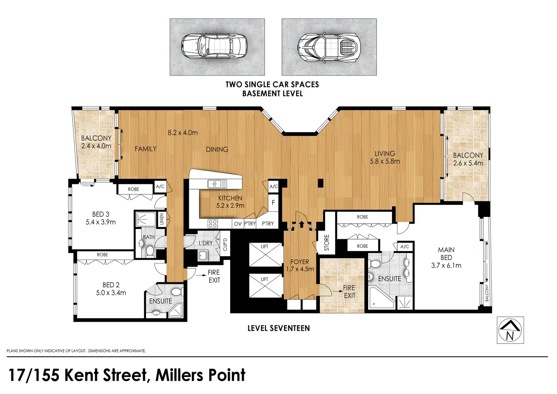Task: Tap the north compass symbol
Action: click(510, 330)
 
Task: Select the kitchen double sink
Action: click(217, 184)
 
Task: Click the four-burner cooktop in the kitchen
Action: click(213, 224)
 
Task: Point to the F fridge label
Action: click(273, 203)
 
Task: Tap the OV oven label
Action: click(238, 224)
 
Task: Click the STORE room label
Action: click(327, 242)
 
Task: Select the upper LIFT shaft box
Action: click(266, 255)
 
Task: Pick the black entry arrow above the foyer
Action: click(302, 224)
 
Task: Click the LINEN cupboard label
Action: click(162, 219)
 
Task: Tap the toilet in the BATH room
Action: click(150, 251)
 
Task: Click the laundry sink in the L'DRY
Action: click(204, 255)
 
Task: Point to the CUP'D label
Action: click(225, 245)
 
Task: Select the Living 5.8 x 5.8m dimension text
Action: click(385, 161)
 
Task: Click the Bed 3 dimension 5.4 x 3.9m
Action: click(101, 222)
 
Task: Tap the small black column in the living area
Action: click(321, 183)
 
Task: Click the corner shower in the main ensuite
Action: click(381, 298)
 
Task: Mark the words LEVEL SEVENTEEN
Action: click(279, 328)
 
